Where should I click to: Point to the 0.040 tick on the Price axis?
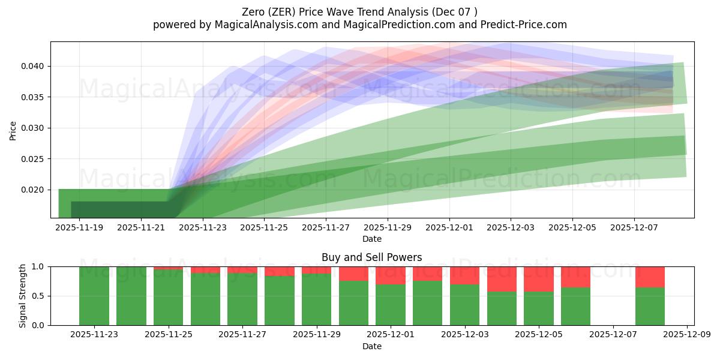[34, 66]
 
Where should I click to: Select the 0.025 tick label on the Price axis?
[34, 159]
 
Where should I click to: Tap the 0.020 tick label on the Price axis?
[34, 190]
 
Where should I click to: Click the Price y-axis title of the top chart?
[13, 130]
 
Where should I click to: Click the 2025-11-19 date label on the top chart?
[79, 228]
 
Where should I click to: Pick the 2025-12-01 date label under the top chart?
[449, 228]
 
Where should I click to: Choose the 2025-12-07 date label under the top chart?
[634, 228]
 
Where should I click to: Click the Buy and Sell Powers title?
[371, 257]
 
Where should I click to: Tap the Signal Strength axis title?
[23, 296]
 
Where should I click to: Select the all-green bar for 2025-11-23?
[94, 296]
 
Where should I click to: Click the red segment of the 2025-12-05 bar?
[538, 279]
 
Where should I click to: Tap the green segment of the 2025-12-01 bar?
[391, 305]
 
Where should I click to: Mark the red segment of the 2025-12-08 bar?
[650, 277]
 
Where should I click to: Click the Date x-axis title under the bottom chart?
[371, 346]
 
